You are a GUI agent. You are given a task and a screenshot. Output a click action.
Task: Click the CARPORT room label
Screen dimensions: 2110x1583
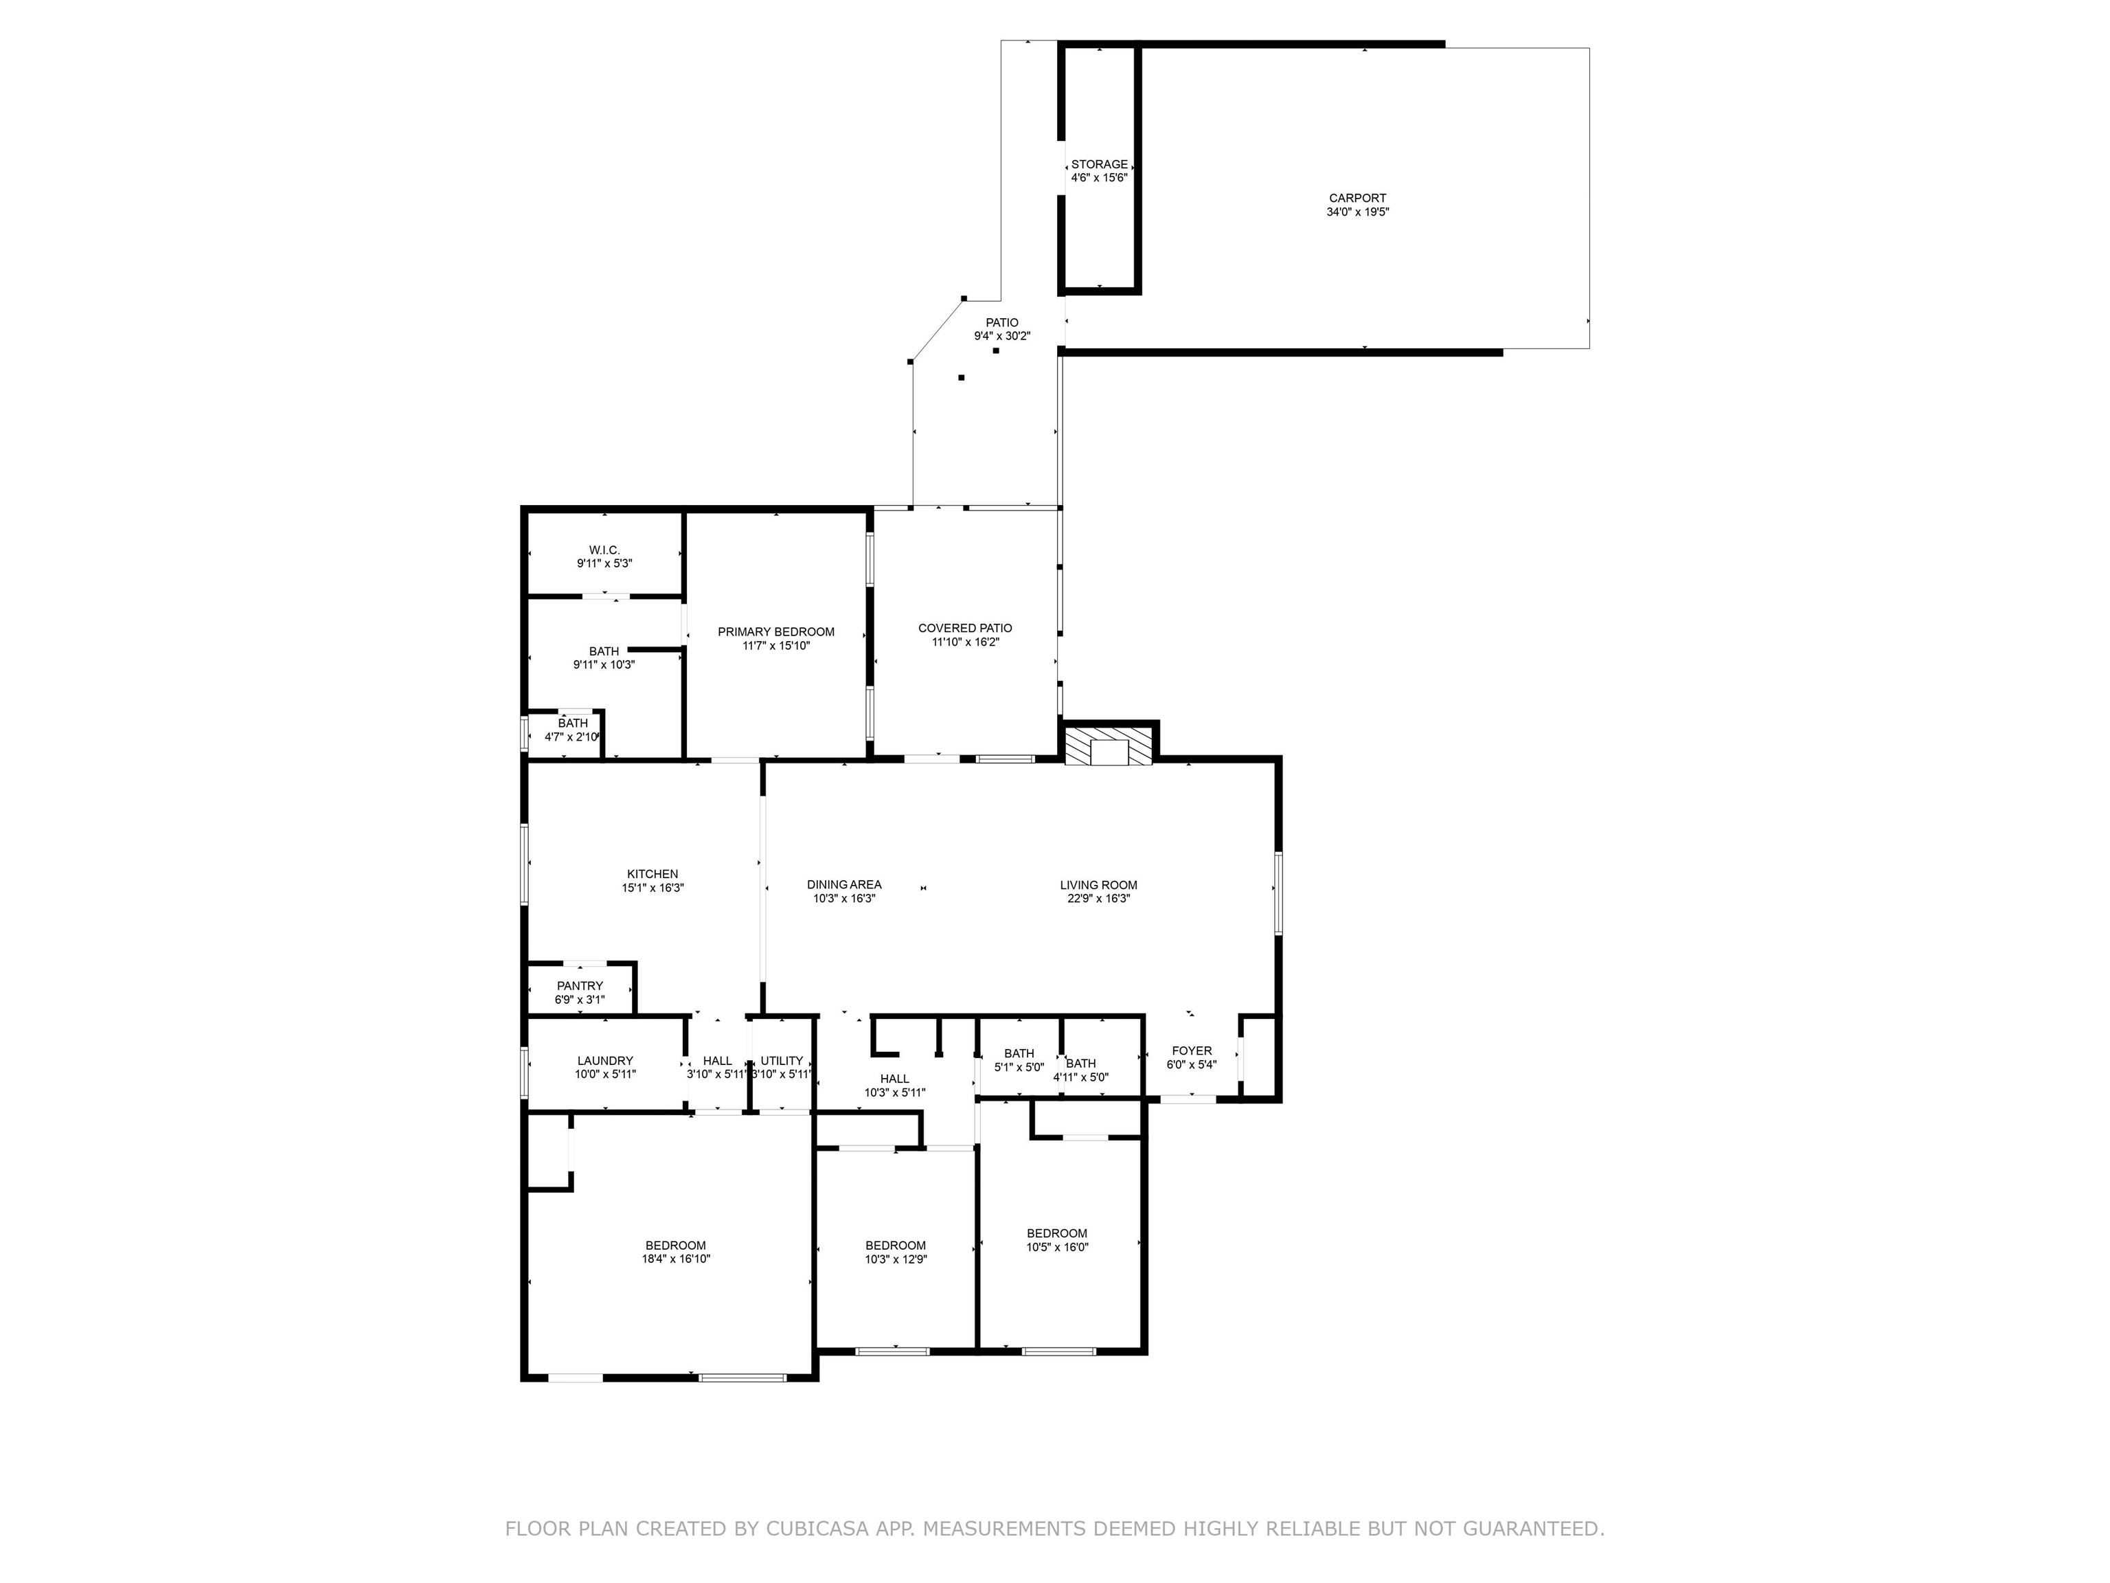click(1357, 199)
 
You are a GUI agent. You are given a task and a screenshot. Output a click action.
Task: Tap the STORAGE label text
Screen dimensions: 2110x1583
click(1099, 164)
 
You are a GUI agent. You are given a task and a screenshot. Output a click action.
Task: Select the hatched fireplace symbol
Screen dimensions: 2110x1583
click(1109, 746)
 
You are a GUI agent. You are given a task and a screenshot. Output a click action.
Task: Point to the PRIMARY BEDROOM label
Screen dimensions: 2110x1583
click(775, 631)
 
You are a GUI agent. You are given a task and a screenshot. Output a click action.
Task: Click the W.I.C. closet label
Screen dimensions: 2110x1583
click(604, 550)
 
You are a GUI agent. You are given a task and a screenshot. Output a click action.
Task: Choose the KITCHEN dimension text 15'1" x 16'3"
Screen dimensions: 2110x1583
click(653, 888)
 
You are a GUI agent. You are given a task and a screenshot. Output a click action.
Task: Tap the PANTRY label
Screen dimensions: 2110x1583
click(580, 986)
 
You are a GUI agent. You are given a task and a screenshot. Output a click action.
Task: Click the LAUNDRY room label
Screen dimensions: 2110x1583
click(604, 1060)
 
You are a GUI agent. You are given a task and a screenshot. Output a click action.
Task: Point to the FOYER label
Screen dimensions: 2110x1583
click(1192, 1051)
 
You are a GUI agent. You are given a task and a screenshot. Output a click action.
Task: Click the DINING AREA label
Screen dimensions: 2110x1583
click(844, 884)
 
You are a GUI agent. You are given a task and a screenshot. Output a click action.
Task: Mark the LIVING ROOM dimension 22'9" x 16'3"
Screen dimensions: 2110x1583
click(1099, 898)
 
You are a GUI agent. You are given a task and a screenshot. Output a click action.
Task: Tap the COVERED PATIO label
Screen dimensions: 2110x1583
click(965, 628)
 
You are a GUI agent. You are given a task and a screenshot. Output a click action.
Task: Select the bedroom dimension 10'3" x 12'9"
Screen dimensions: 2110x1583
click(896, 1259)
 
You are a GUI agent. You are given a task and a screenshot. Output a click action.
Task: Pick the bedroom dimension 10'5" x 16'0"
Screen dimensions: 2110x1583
click(1057, 1246)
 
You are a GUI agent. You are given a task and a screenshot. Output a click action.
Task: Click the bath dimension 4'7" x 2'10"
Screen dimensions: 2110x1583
click(572, 737)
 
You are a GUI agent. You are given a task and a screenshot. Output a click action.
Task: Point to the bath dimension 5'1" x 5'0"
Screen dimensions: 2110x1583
click(1019, 1067)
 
